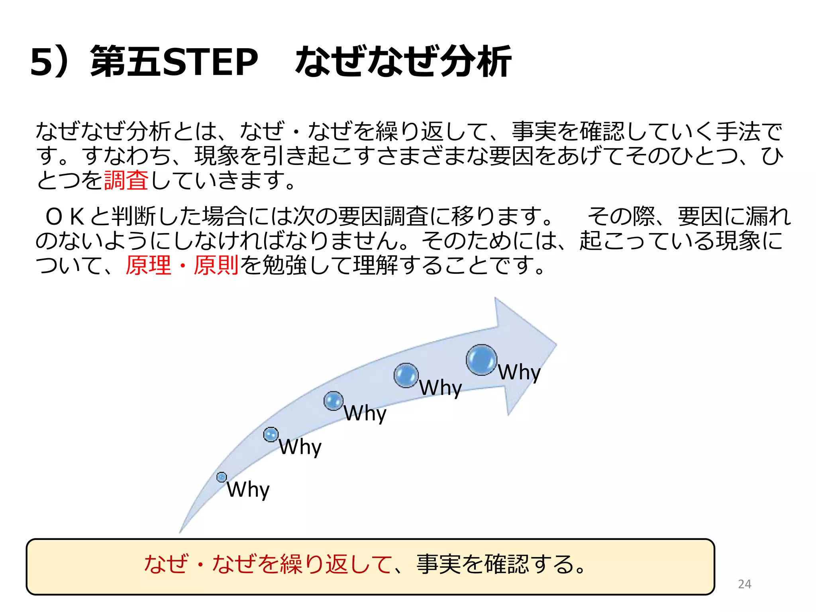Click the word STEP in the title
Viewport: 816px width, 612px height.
[x=211, y=61]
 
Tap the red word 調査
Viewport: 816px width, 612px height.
[x=126, y=180]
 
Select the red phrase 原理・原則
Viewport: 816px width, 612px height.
[x=182, y=265]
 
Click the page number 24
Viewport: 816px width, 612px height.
[x=744, y=584]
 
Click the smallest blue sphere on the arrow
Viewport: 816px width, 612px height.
[x=222, y=477]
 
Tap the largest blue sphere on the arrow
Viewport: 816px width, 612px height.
[x=481, y=360]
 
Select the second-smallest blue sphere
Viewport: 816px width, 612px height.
[x=271, y=434]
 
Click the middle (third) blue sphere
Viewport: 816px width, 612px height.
[x=333, y=401]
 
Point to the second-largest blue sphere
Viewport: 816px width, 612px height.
[x=406, y=375]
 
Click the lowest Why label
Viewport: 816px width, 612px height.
[x=248, y=489]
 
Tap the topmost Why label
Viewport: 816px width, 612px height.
[x=519, y=373]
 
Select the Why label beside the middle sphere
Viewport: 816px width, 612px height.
[x=365, y=413]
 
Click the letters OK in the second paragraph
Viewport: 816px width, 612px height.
[x=65, y=217]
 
